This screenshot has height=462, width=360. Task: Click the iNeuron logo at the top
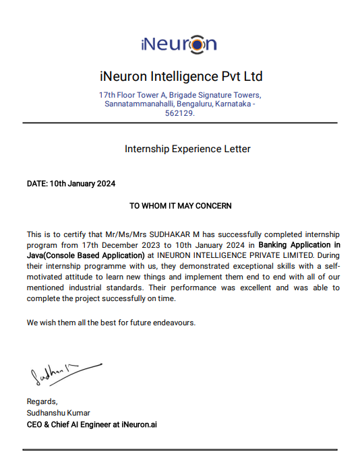[x=179, y=44]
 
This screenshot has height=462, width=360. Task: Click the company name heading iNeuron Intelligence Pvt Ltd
[x=180, y=75]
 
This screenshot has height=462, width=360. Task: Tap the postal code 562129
[x=179, y=113]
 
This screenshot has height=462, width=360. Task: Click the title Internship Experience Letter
[x=187, y=149]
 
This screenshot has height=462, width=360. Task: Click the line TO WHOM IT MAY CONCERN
[x=180, y=205]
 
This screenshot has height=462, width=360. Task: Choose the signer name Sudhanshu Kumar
[x=58, y=413]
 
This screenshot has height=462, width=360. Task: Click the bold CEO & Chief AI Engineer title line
[x=92, y=424]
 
